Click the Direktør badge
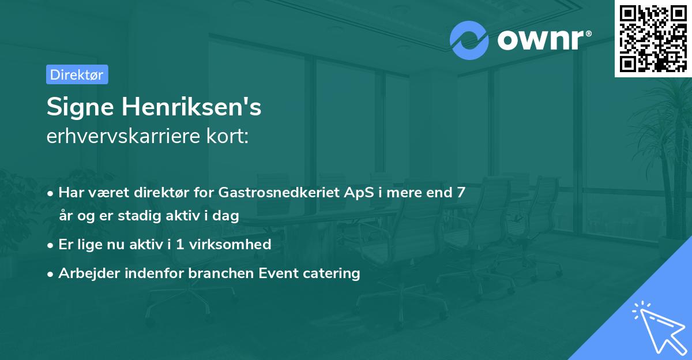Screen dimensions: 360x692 pos(77,74)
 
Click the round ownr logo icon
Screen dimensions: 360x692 pos(469,40)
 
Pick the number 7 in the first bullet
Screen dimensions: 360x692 pos(461,192)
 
